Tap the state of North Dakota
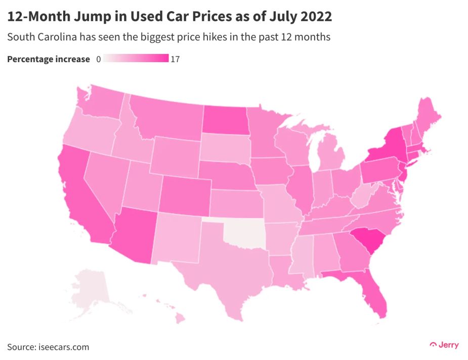[225, 121]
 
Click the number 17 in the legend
[175, 60]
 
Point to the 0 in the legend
[98, 60]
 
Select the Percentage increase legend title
[49, 60]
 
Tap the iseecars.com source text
[64, 347]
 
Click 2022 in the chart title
[315, 17]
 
